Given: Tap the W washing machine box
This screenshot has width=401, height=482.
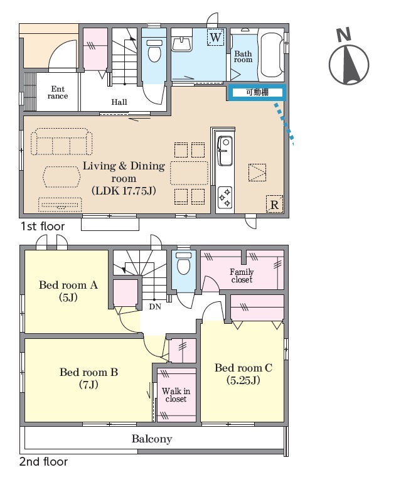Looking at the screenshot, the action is click(x=215, y=37).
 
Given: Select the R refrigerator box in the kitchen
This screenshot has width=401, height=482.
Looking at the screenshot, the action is click(x=274, y=204).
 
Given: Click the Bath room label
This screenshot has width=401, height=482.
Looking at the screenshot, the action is click(x=243, y=56).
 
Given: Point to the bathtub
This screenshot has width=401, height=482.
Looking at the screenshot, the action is click(x=271, y=55).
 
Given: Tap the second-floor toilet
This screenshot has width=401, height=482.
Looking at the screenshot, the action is click(x=183, y=262).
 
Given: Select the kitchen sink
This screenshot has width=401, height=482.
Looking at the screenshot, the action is click(x=225, y=151).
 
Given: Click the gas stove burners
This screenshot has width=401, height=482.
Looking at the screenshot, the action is click(x=225, y=198).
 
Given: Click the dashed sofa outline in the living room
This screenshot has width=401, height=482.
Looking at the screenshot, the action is click(x=61, y=142).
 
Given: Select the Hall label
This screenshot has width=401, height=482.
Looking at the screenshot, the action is click(x=119, y=102).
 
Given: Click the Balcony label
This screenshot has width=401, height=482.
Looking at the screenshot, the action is click(x=152, y=439).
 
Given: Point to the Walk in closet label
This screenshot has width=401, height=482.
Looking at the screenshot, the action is click(x=176, y=395).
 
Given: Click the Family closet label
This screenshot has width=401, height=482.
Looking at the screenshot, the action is click(x=242, y=276).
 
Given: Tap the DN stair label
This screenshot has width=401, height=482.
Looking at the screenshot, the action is click(x=155, y=306).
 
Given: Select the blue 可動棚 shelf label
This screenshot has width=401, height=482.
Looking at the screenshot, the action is click(x=257, y=92).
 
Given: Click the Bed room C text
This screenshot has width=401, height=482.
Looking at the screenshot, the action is click(x=243, y=368).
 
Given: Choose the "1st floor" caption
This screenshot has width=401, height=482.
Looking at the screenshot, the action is click(x=43, y=227).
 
